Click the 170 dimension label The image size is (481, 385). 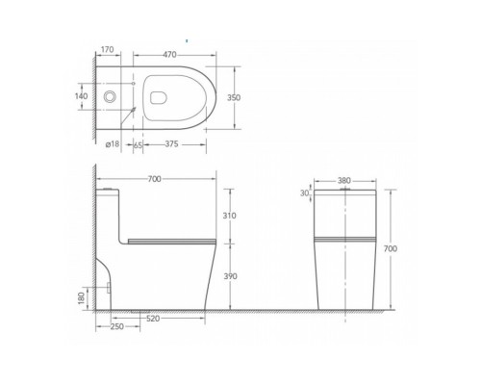click(x=108, y=50)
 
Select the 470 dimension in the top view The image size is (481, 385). click(x=169, y=55)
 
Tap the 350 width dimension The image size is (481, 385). click(x=234, y=97)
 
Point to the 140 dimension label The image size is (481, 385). click(x=81, y=96)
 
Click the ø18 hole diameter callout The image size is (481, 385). click(x=113, y=144)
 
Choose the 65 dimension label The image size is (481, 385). click(x=138, y=145)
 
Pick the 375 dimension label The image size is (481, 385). click(x=171, y=144)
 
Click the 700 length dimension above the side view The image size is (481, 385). click(x=154, y=179)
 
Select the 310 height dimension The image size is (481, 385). click(x=230, y=216)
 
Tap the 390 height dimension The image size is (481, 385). click(x=230, y=276)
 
